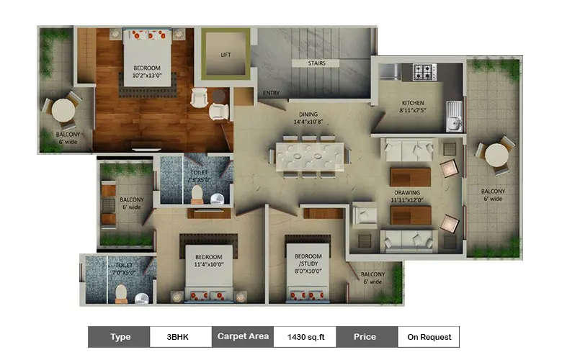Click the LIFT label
coord(226,55)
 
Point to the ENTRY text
coord(271,93)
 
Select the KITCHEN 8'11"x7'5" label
coord(412,107)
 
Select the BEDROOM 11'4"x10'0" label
coord(208,261)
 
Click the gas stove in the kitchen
coord(424,72)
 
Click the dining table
coord(310,156)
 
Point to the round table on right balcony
coord(496,155)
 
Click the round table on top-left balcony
coord(63,110)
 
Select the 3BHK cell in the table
coord(181,336)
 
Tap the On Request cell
coord(429,336)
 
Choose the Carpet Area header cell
coord(243,336)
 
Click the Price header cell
coord(366,336)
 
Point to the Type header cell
coord(120,336)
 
